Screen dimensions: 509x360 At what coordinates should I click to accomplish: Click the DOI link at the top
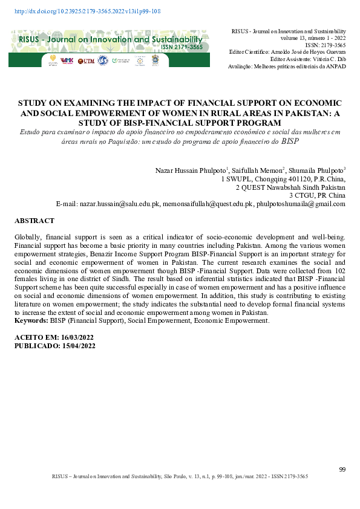(87, 11)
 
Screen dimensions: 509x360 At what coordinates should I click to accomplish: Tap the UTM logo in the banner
(88, 60)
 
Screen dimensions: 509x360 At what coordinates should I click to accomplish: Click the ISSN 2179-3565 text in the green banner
(181, 47)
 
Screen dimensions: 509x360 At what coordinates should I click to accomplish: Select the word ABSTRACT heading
(34, 221)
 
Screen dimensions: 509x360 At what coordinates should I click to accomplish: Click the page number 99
(342, 470)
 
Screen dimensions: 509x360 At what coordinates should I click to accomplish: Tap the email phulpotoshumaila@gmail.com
(301, 204)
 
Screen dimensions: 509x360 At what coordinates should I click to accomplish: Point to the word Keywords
(30, 320)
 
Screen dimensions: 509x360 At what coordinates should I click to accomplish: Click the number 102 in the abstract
(339, 273)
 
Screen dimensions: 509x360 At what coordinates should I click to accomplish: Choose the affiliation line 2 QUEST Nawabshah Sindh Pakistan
(290, 187)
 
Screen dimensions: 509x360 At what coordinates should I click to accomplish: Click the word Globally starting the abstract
(28, 239)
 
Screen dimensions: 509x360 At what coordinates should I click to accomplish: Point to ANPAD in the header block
(336, 66)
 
